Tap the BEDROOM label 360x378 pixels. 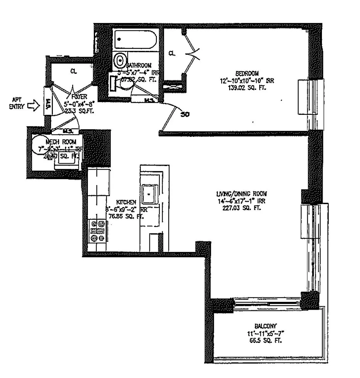(x=247, y=73)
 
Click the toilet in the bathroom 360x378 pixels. (x=119, y=60)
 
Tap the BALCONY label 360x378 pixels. (x=265, y=326)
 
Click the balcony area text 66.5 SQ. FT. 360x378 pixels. (x=265, y=340)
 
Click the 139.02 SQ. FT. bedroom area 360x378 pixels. (x=247, y=88)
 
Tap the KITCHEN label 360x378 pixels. (x=126, y=202)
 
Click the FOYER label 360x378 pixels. (x=79, y=97)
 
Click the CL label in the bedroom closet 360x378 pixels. (x=172, y=53)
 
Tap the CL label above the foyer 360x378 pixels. (x=74, y=71)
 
